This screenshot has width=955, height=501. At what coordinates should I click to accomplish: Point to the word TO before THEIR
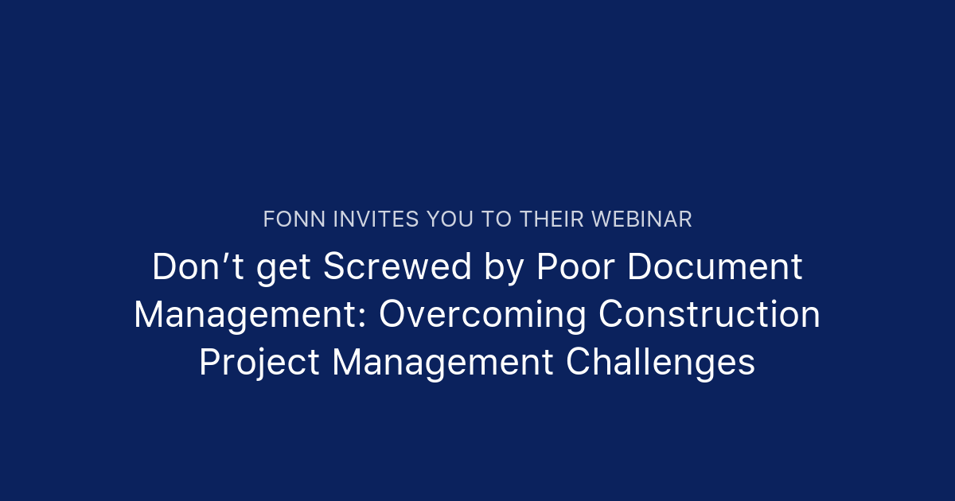point(498,219)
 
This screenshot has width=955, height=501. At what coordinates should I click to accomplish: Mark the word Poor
point(575,267)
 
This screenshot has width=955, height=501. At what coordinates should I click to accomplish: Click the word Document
point(715,267)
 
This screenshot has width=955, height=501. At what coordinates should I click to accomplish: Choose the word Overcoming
point(482,315)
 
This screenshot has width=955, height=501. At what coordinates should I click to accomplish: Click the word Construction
point(709,315)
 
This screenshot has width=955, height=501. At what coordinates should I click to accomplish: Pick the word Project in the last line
point(259,363)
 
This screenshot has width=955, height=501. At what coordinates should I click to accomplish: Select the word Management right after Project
point(442,363)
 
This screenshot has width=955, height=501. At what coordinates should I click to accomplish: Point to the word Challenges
point(661,363)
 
